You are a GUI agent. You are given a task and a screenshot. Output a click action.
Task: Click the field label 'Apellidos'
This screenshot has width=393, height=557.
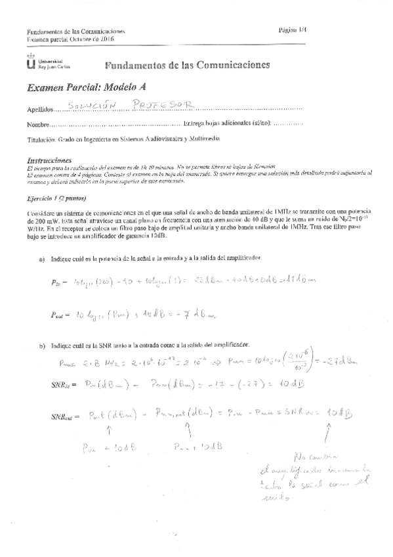pyautogui.click(x=37, y=109)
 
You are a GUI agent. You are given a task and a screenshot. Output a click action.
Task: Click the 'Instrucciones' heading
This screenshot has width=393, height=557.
pyautogui.click(x=49, y=160)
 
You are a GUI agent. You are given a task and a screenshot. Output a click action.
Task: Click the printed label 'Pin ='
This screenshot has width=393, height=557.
pyautogui.click(x=56, y=264)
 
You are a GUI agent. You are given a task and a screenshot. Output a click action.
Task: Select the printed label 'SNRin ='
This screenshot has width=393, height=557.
pyautogui.click(x=61, y=383)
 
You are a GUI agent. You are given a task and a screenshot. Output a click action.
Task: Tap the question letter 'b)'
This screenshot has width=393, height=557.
pyautogui.click(x=43, y=344)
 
